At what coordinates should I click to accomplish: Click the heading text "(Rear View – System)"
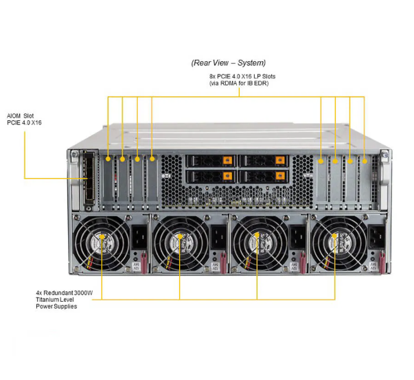click(x=229, y=63)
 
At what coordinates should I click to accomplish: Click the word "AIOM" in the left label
click(x=14, y=115)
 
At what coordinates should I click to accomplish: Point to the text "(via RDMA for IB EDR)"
click(x=239, y=83)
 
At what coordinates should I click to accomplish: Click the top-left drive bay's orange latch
click(x=227, y=160)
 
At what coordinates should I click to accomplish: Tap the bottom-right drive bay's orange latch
click(x=280, y=176)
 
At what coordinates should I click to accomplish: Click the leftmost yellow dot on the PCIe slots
click(x=108, y=159)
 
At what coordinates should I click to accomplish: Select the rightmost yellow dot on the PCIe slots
click(x=365, y=161)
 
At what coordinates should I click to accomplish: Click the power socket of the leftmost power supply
click(x=139, y=237)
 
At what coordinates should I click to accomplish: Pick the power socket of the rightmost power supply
click(x=376, y=237)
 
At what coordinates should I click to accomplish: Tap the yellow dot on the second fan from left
click(x=180, y=236)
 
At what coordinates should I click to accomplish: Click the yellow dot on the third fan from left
click(x=257, y=235)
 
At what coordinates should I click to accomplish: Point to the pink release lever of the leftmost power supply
click(x=144, y=263)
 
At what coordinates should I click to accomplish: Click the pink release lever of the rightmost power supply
click(x=382, y=262)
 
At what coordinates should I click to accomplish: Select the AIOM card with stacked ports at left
click(x=89, y=178)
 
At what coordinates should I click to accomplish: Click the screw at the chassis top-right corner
click(x=384, y=154)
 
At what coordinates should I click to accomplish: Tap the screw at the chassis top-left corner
click(x=75, y=154)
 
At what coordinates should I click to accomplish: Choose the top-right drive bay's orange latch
click(x=280, y=160)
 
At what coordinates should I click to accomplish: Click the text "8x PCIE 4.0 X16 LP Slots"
click(x=242, y=76)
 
